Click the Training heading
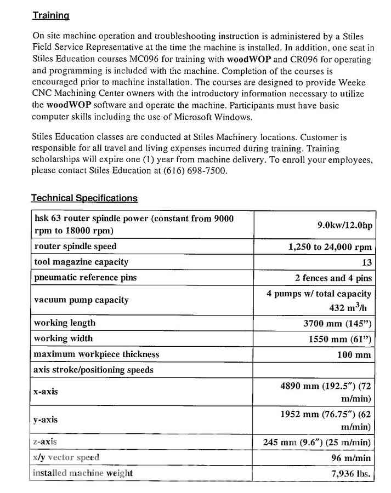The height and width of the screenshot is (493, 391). (50, 16)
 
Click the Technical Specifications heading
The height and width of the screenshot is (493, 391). (84, 198)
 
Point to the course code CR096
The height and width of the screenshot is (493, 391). (303, 59)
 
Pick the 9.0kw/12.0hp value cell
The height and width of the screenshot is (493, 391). (344, 225)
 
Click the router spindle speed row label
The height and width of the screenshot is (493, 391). (75, 246)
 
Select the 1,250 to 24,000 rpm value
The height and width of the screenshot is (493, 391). (330, 247)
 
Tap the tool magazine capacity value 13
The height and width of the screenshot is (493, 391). (366, 262)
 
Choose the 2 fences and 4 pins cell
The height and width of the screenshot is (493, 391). (333, 278)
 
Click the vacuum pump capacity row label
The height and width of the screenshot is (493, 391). (81, 300)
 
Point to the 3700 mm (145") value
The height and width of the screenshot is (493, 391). (337, 323)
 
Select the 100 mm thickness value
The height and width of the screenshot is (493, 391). (354, 354)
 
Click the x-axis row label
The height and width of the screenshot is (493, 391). (46, 392)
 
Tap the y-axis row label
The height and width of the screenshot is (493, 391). (46, 420)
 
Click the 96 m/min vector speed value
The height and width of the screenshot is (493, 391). (352, 458)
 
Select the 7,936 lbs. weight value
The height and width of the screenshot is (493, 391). (351, 473)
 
